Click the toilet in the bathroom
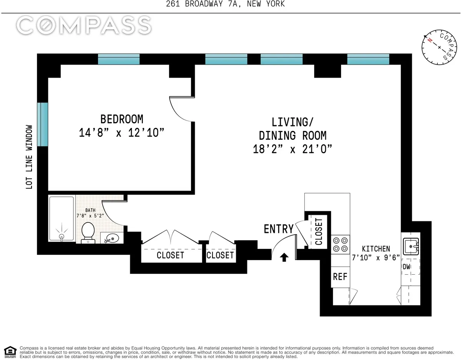[x=88, y=232]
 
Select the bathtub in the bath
[x=61, y=219]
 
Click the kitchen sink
[x=410, y=245]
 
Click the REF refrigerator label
[x=340, y=276]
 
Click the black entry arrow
[x=284, y=257]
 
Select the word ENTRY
[x=279, y=229]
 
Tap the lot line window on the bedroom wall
[x=43, y=124]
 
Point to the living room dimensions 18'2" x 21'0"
[x=292, y=149]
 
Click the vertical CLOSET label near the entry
[x=318, y=232]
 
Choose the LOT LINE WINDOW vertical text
[x=29, y=157]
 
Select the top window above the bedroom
[x=119, y=59]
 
